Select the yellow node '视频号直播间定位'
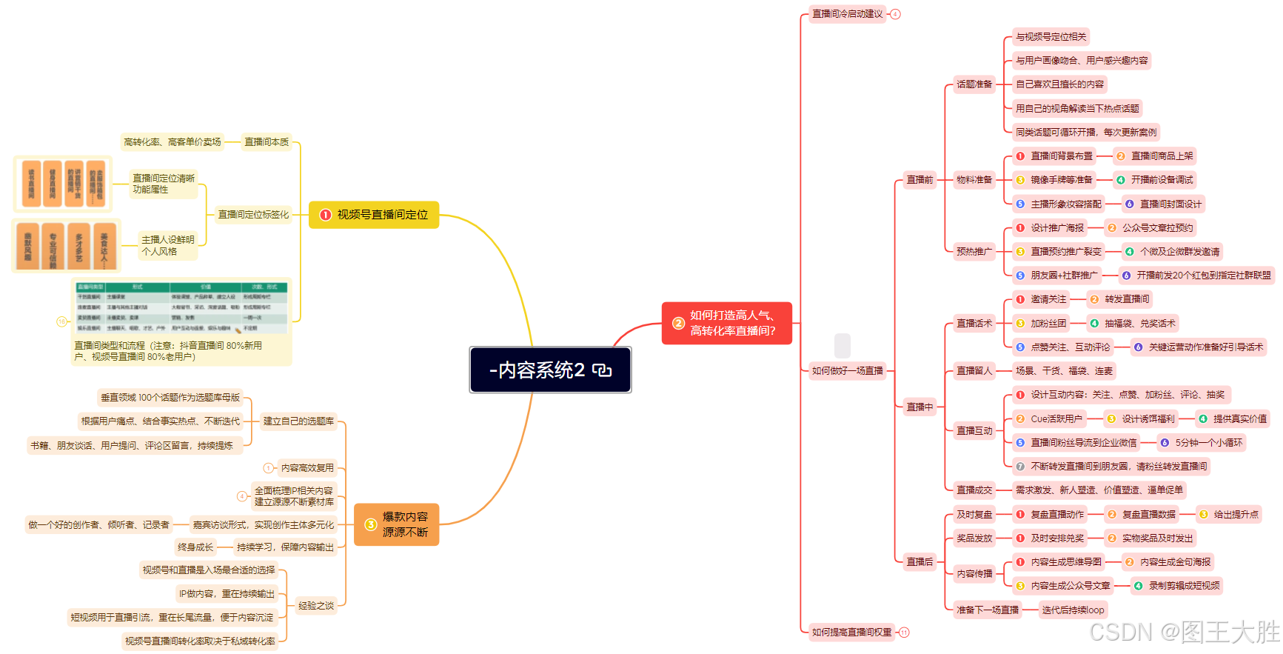(x=374, y=215)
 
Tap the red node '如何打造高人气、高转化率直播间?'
(x=726, y=323)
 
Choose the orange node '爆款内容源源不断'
(x=397, y=524)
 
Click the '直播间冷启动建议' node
(x=847, y=14)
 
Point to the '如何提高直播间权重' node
(x=851, y=633)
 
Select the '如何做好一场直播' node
(x=847, y=371)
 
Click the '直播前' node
(x=919, y=180)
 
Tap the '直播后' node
(x=919, y=562)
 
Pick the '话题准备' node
(x=974, y=84)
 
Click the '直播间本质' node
(x=267, y=142)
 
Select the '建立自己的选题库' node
(x=298, y=421)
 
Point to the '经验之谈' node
(x=316, y=606)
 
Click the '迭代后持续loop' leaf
(x=1073, y=610)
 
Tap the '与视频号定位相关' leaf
(x=1051, y=37)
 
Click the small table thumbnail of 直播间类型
(x=181, y=307)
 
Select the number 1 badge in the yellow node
(x=325, y=215)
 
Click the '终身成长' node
(x=195, y=547)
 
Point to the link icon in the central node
(x=602, y=370)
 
